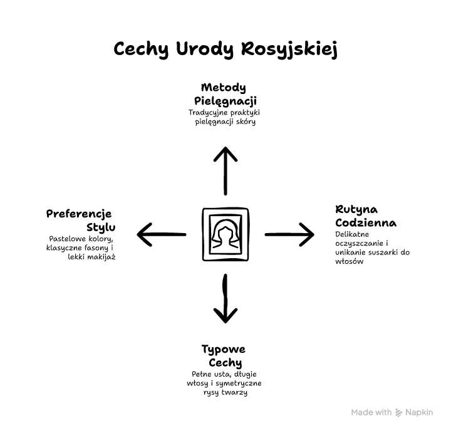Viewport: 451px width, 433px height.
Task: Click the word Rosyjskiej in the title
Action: [289, 49]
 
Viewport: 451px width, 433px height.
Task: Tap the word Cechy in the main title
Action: [141, 49]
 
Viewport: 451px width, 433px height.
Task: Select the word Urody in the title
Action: [205, 49]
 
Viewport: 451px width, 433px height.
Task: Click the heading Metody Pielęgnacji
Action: [225, 94]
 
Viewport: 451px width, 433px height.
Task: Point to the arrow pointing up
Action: [225, 171]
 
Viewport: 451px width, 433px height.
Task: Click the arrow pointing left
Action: [162, 234]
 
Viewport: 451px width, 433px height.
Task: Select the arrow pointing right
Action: [289, 234]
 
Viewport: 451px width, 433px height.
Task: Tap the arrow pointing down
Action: [225, 298]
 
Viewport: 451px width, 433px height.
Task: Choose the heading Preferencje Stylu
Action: [81, 221]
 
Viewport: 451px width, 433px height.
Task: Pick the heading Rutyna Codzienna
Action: [366, 216]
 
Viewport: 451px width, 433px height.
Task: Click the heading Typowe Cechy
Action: [224, 356]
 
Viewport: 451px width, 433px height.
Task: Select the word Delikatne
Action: [352, 234]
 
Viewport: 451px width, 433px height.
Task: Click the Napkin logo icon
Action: [398, 412]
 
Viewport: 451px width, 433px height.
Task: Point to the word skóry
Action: [246, 122]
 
